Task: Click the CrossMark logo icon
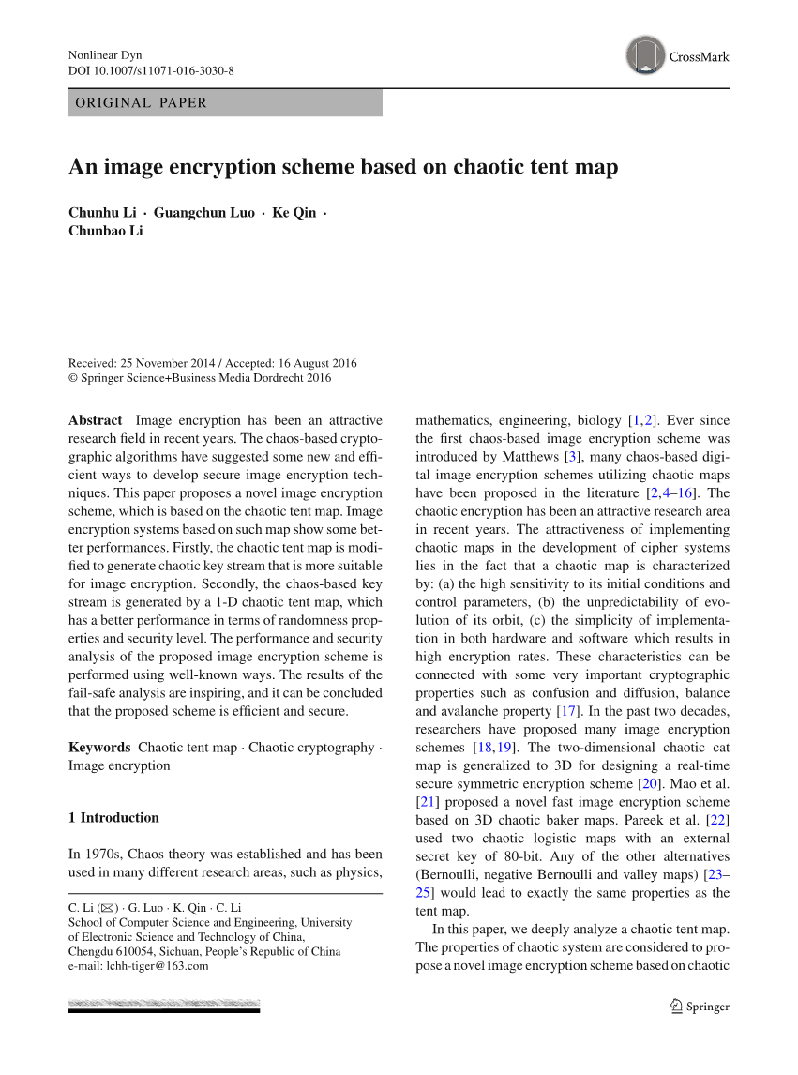(645, 55)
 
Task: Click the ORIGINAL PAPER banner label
(142, 103)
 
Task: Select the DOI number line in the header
(151, 71)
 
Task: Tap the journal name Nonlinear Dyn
(105, 55)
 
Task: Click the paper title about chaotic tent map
(343, 167)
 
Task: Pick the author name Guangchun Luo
(203, 213)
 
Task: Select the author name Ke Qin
(294, 213)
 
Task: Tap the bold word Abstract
(95, 420)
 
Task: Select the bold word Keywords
(99, 748)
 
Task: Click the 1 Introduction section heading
(113, 818)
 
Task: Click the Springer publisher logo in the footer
(699, 1007)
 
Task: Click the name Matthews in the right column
(525, 457)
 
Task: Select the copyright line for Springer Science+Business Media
(200, 379)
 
